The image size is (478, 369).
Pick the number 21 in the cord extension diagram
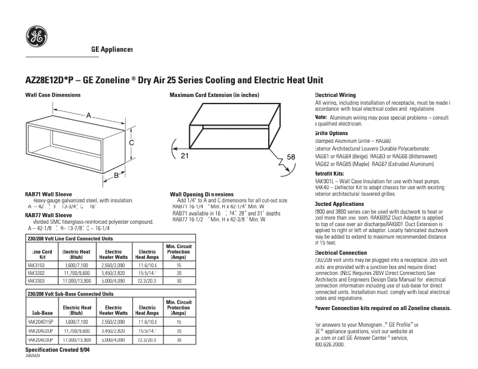point(185,155)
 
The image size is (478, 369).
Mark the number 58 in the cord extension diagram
point(291,157)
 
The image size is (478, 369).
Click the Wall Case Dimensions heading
point(52,95)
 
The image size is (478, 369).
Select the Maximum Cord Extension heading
point(214,95)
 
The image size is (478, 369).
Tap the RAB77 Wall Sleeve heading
point(48,215)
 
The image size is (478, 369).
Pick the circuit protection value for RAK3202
point(178,273)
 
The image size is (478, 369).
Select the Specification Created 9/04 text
point(57,351)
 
